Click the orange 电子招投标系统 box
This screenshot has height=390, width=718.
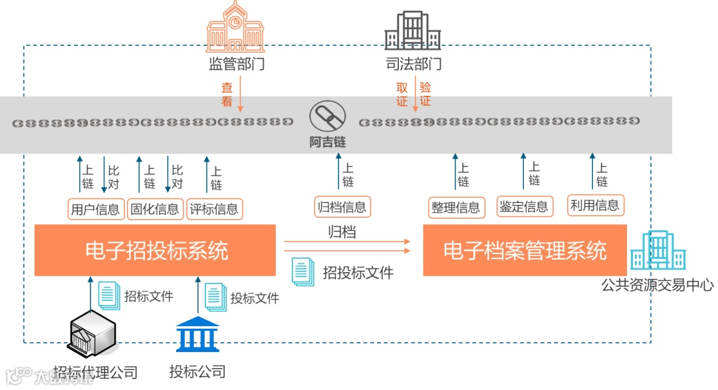(155, 250)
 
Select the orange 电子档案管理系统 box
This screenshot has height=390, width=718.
(525, 250)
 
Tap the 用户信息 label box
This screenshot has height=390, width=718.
(96, 209)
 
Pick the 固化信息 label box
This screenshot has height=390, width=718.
(155, 209)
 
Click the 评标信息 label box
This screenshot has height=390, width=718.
(214, 209)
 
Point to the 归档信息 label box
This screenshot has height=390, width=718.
(342, 207)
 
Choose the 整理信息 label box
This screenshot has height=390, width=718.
(455, 207)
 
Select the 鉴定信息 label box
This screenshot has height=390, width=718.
(524, 206)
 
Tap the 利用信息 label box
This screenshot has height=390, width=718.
(595, 205)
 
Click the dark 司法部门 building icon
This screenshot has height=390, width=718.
(413, 31)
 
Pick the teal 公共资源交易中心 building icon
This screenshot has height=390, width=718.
(658, 251)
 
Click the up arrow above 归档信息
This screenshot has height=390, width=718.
(338, 173)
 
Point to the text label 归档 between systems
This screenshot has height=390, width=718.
(342, 232)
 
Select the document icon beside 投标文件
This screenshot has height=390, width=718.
(215, 297)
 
